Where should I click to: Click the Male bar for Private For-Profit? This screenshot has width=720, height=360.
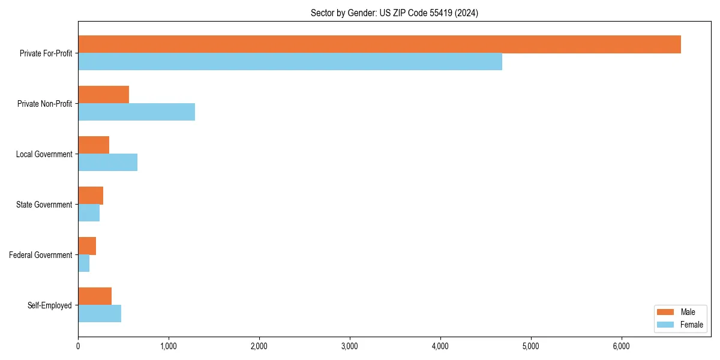point(379,44)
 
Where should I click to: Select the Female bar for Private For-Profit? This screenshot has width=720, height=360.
point(290,62)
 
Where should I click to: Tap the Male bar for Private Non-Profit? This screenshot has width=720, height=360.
point(103,95)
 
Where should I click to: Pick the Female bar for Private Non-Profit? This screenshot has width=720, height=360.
point(136,112)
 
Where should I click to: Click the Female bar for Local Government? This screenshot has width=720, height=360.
point(107,163)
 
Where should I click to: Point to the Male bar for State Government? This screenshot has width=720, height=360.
point(91,196)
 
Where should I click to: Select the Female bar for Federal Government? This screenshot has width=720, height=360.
point(83,263)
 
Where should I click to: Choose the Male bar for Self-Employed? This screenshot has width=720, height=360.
point(95,296)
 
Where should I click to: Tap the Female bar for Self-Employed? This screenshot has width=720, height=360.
point(100,314)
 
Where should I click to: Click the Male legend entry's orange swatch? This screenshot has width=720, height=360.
point(667,312)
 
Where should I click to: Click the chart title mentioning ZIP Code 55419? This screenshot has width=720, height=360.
point(394,13)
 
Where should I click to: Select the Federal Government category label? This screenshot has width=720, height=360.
point(41,255)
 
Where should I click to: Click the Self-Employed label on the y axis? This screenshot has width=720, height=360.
point(50,305)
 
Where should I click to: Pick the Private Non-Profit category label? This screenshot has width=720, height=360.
point(44,104)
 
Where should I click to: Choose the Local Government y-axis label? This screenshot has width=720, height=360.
point(44,154)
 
